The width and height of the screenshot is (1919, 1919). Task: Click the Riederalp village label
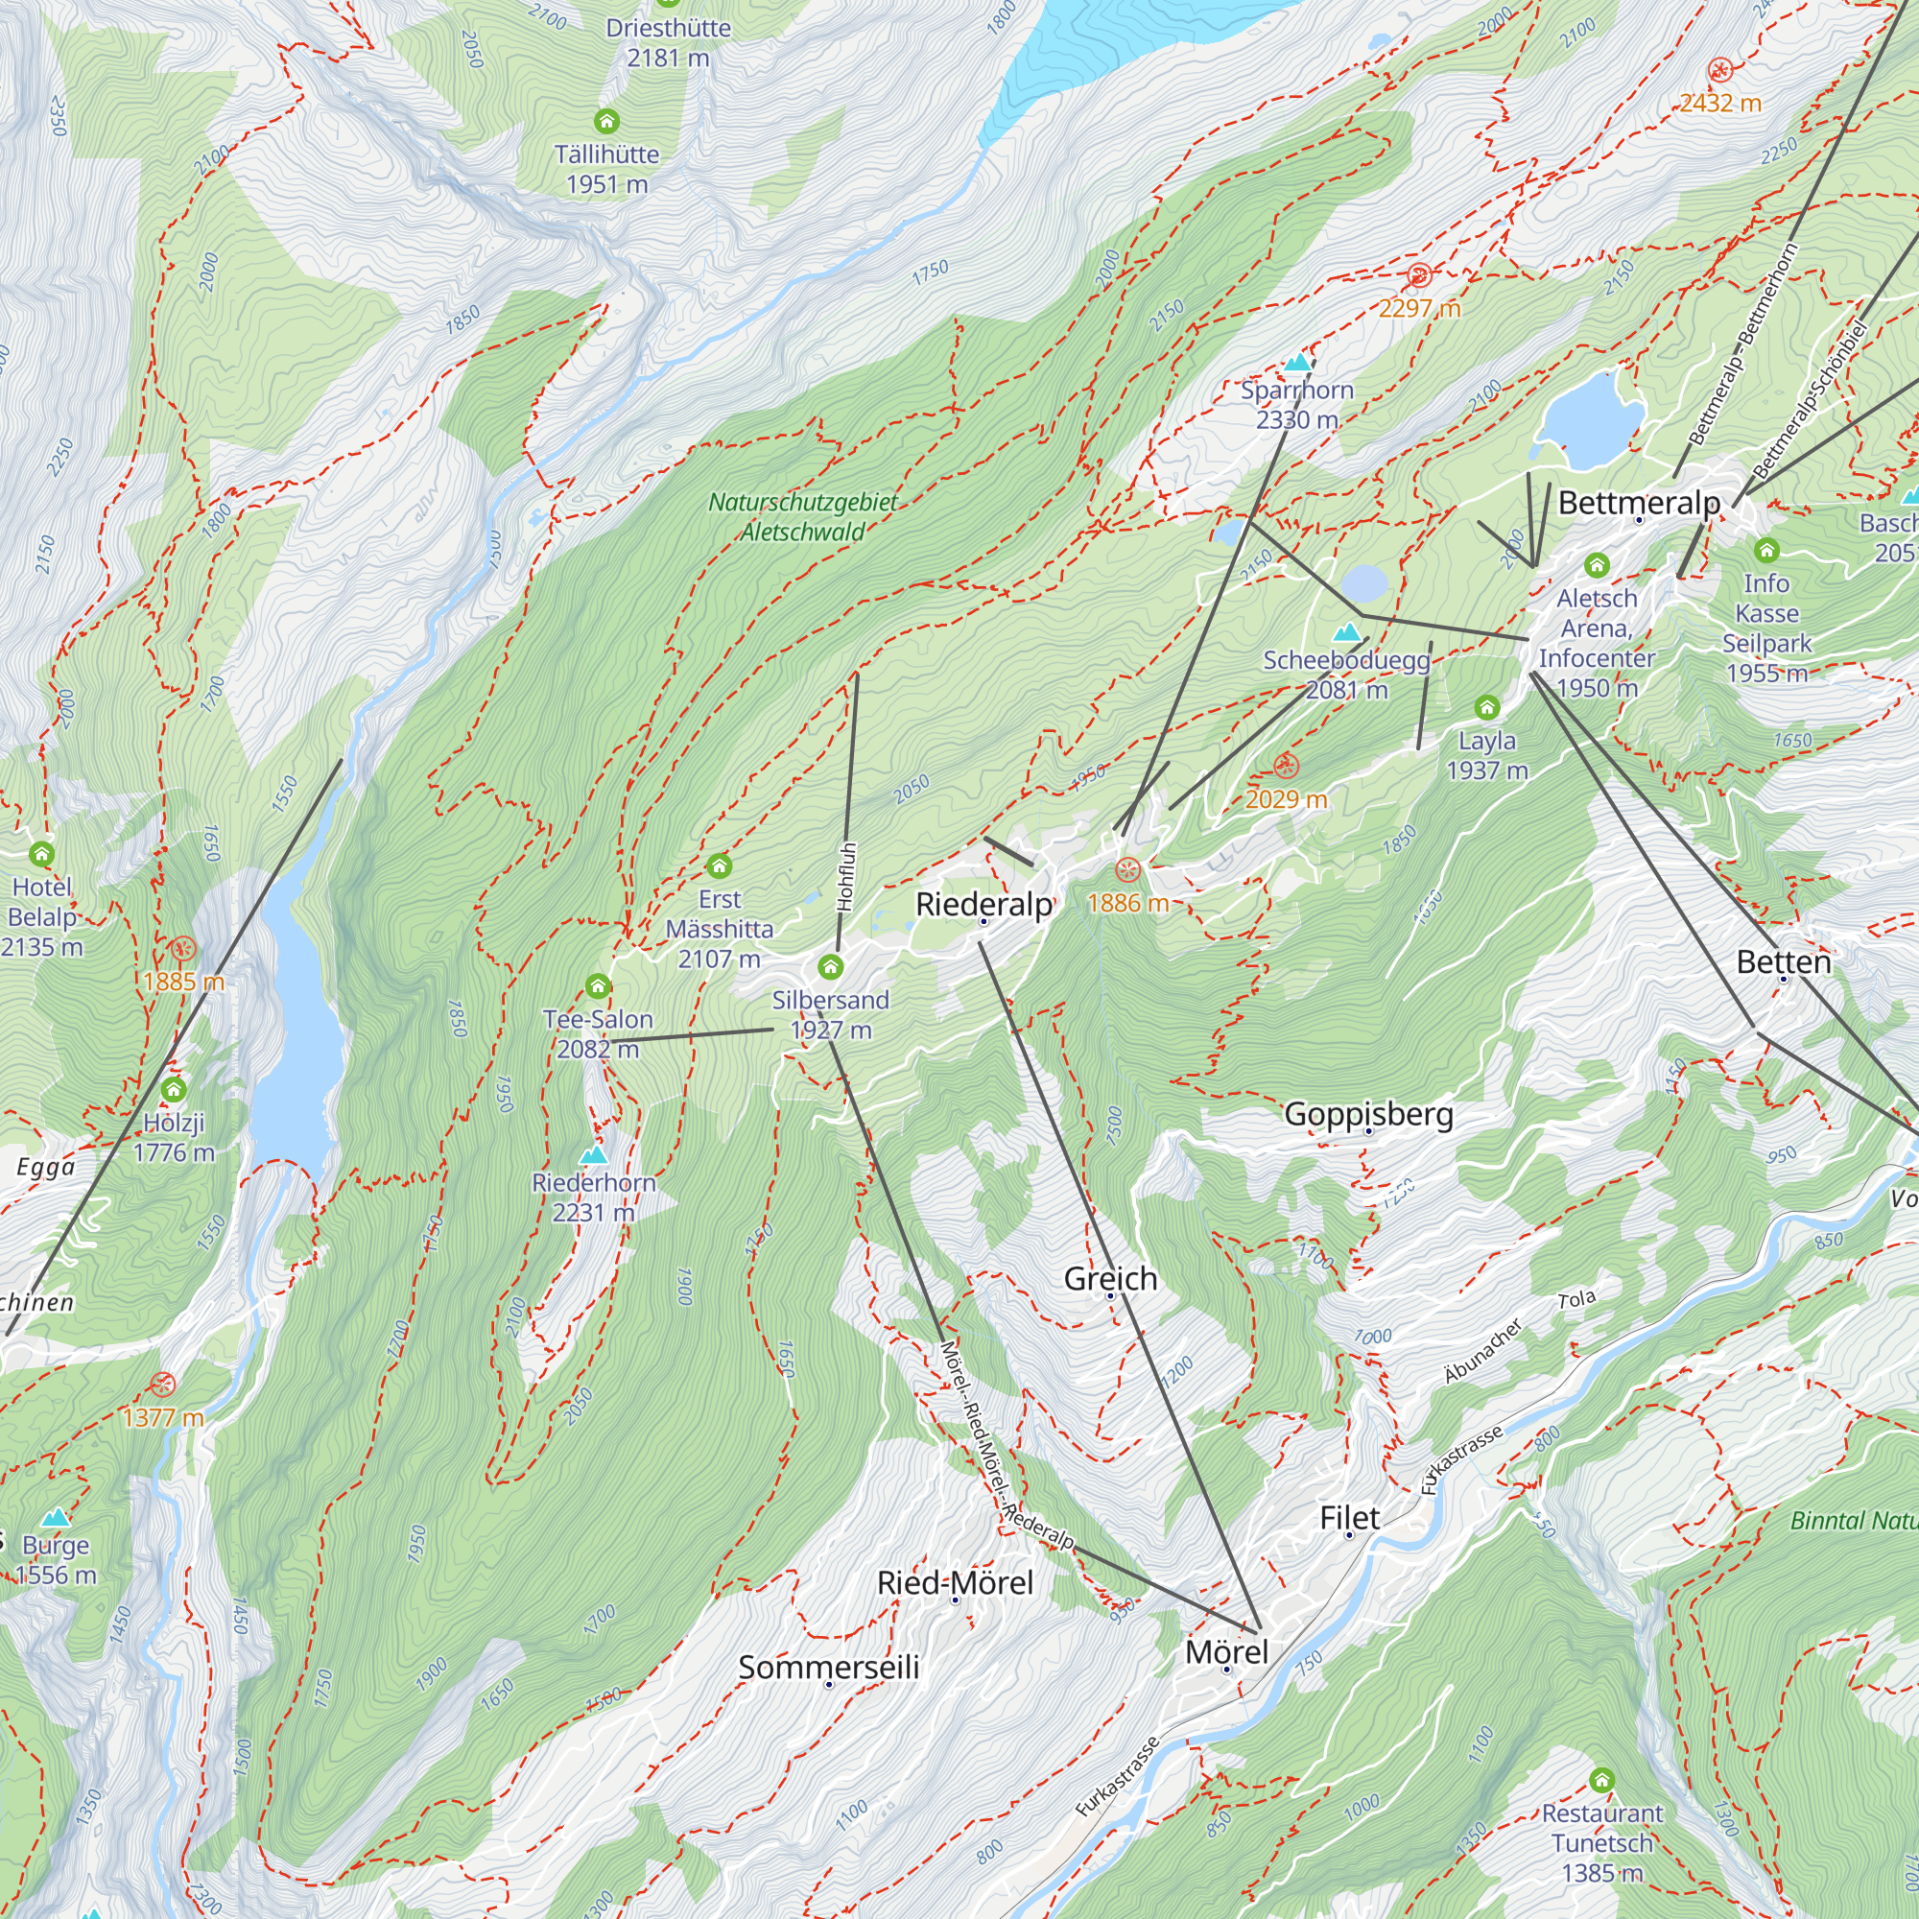pos(983,904)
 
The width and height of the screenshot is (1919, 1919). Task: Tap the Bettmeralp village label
pos(1639,503)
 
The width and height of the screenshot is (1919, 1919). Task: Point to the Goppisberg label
pos(1369,1113)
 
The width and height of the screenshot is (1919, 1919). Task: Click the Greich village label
pos(1110,1278)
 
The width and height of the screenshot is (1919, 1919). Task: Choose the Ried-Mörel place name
pos(955,1582)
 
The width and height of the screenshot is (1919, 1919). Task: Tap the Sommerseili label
pos(828,1667)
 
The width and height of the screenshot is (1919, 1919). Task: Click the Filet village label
pos(1349,1518)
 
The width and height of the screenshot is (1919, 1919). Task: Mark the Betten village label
pos(1784,961)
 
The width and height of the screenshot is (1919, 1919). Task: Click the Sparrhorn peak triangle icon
pos(1297,363)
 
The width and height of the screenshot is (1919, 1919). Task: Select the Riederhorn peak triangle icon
pos(594,1154)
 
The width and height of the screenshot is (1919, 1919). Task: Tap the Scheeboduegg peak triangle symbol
pos(1347,631)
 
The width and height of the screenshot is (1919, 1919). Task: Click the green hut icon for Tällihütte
pos(607,121)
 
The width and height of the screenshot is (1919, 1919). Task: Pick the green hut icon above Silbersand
pos(830,966)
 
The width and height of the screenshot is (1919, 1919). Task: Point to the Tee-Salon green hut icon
pos(597,985)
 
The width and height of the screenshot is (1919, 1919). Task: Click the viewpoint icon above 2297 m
pos(1419,275)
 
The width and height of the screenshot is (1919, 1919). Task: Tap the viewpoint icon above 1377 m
pos(163,1385)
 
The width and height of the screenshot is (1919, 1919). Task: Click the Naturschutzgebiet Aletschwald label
pos(802,516)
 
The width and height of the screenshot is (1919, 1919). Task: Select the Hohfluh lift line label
pos(846,877)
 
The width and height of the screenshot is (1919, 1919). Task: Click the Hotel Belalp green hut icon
pos(41,853)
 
